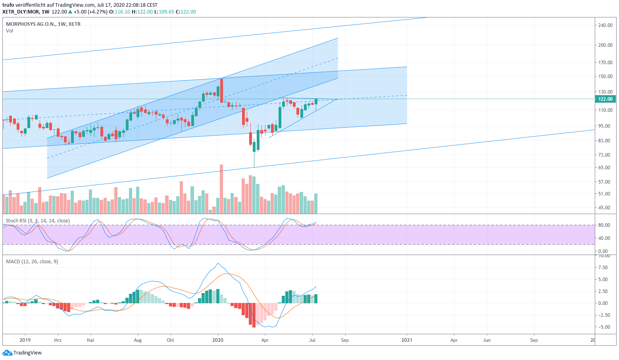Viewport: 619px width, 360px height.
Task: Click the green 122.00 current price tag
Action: point(605,99)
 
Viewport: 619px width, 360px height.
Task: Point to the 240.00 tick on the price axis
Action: point(605,25)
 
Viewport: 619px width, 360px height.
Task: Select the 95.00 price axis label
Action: point(606,126)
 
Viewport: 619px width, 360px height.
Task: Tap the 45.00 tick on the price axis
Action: point(606,208)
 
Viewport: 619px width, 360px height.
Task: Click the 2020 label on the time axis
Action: point(218,340)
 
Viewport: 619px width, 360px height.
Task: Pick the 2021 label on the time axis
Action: point(407,340)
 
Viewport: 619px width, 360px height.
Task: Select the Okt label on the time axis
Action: point(170,340)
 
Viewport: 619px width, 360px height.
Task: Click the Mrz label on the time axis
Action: point(58,340)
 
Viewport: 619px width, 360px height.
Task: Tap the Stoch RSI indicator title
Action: point(38,221)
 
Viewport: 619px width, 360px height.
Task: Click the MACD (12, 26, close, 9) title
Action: point(32,262)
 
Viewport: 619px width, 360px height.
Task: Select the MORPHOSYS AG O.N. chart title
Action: point(43,24)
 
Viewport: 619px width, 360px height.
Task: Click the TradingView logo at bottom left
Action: point(22,353)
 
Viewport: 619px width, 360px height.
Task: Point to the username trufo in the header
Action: point(8,5)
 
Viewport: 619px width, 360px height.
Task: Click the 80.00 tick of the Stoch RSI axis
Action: point(604,225)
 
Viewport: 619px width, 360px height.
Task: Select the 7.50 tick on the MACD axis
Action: point(603,268)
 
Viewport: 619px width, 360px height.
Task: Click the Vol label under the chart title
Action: point(10,31)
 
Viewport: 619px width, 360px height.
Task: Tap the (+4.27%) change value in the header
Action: point(98,12)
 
